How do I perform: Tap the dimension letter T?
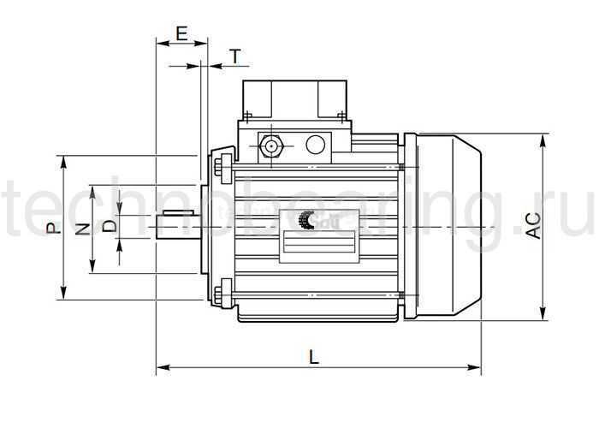235,57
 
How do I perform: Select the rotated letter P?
52,229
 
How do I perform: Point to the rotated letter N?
82,229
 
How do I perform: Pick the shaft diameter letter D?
109,227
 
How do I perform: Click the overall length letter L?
314,358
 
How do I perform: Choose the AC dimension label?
531,224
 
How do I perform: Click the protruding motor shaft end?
177,226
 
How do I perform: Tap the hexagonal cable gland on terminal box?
272,145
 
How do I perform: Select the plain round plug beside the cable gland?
316,145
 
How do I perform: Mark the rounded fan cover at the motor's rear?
449,227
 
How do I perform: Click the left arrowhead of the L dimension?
160,369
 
